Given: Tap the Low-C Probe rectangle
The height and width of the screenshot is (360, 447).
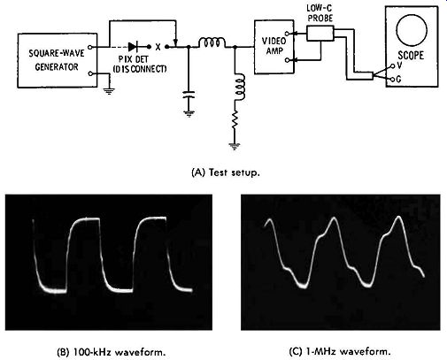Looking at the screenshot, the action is coord(320,33).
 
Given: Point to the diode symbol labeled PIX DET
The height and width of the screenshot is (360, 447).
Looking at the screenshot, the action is coord(134,47).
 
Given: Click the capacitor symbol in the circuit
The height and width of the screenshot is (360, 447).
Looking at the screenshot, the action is coord(189,95).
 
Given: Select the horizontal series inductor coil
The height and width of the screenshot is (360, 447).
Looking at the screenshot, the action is coord(212,42).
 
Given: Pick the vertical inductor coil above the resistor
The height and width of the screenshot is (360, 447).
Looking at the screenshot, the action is coord(239,88).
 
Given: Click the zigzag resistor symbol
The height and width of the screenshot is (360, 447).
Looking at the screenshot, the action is coord(235,119).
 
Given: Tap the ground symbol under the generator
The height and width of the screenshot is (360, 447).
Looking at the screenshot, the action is coord(109,91).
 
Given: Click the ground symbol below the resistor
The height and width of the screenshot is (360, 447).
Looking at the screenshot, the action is coord(235,146).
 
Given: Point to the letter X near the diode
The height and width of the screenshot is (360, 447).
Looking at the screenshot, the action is coord(158,47).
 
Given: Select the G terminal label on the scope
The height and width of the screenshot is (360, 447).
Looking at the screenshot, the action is coord(399,80).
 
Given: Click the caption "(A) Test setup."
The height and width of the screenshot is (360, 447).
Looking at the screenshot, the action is coord(226,172).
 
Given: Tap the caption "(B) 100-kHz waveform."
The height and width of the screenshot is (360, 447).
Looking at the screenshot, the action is coord(111,352).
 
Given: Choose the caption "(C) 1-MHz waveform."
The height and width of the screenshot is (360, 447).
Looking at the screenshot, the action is coord(340,351).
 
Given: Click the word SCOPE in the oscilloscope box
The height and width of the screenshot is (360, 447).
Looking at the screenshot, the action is coord(411,56).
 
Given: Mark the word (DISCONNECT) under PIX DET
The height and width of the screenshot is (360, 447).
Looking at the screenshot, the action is coord(140,69).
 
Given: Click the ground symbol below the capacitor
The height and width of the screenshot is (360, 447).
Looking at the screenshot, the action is coord(189,113).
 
